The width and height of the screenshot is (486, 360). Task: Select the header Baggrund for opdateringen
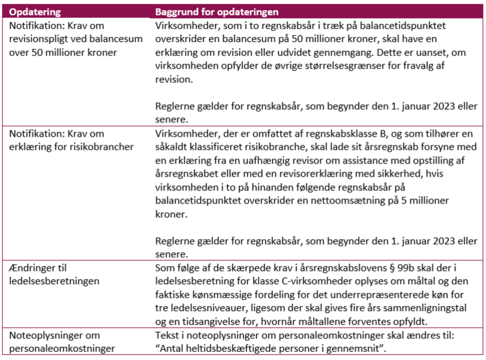click(217, 11)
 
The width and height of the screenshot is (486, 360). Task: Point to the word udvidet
click(312, 52)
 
